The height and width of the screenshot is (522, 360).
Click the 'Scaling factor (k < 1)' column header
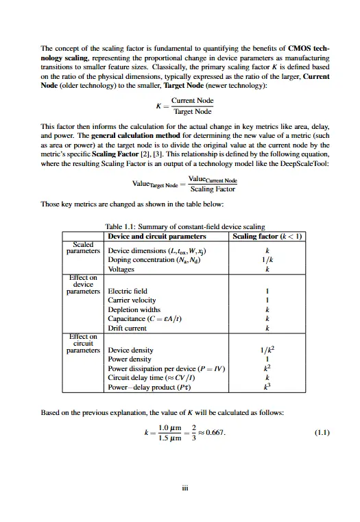click(x=269, y=236)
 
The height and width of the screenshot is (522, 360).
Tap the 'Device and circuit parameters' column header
click(x=158, y=236)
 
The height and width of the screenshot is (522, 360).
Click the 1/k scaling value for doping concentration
click(x=269, y=261)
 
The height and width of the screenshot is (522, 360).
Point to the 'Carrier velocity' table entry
click(x=132, y=300)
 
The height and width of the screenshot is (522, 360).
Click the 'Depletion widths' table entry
click(x=134, y=309)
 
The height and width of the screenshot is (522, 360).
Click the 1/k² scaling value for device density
click(x=269, y=349)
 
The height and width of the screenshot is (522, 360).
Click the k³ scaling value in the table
click(x=269, y=387)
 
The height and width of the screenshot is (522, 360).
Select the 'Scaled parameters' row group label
click(x=83, y=248)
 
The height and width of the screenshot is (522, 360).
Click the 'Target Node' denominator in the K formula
click(x=191, y=111)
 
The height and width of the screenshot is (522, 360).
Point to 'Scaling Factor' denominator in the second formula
click(x=213, y=189)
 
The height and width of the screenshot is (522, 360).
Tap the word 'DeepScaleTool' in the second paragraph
click(x=306, y=164)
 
